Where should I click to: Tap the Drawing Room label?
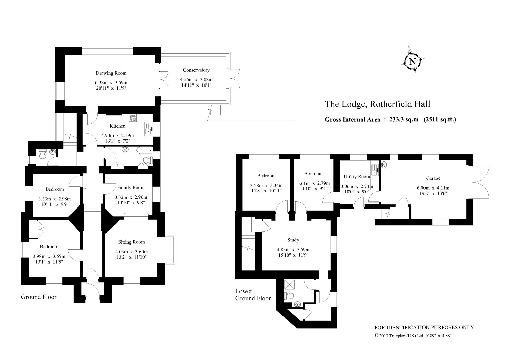click(111, 73)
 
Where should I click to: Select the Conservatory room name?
click(196, 70)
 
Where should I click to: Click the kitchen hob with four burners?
click(133, 118)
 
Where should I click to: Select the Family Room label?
click(131, 188)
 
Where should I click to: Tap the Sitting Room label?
click(131, 242)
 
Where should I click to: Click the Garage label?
click(433, 178)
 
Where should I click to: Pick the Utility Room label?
click(357, 177)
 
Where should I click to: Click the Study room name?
click(293, 240)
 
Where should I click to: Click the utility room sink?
click(375, 170)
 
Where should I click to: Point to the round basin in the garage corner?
click(384, 165)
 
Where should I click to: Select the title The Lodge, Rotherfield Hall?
click(378, 104)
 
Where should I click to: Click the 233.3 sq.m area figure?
click(404, 120)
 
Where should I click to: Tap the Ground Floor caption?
click(39, 297)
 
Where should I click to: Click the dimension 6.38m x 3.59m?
click(111, 83)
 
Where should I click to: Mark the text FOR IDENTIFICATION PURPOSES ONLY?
click(424, 327)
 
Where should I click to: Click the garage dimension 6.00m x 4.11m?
click(433, 188)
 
